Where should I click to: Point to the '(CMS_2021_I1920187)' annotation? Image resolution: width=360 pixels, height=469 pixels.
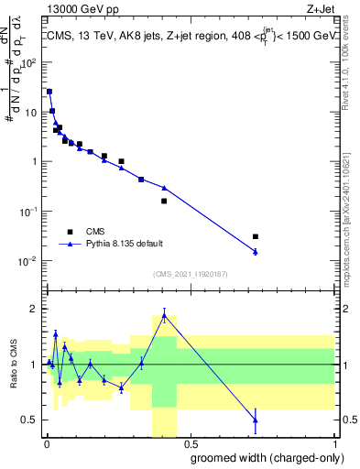(x=189, y=274)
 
